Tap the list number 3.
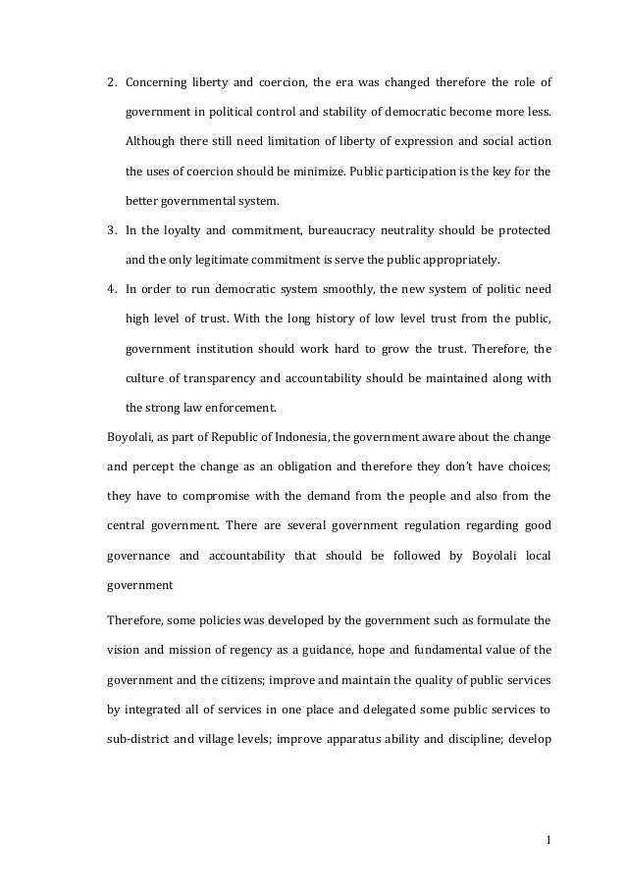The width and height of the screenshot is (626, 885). coord(111,232)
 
